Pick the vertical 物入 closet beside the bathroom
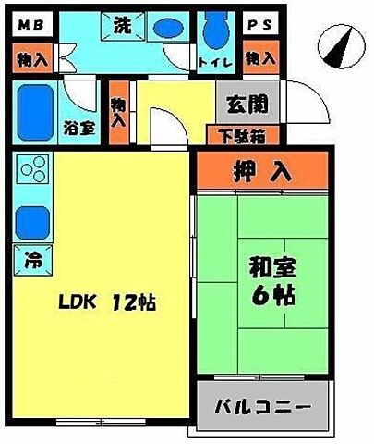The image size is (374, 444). click(118, 115)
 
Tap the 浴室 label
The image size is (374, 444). click(79, 129)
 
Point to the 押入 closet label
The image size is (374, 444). click(261, 170)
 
